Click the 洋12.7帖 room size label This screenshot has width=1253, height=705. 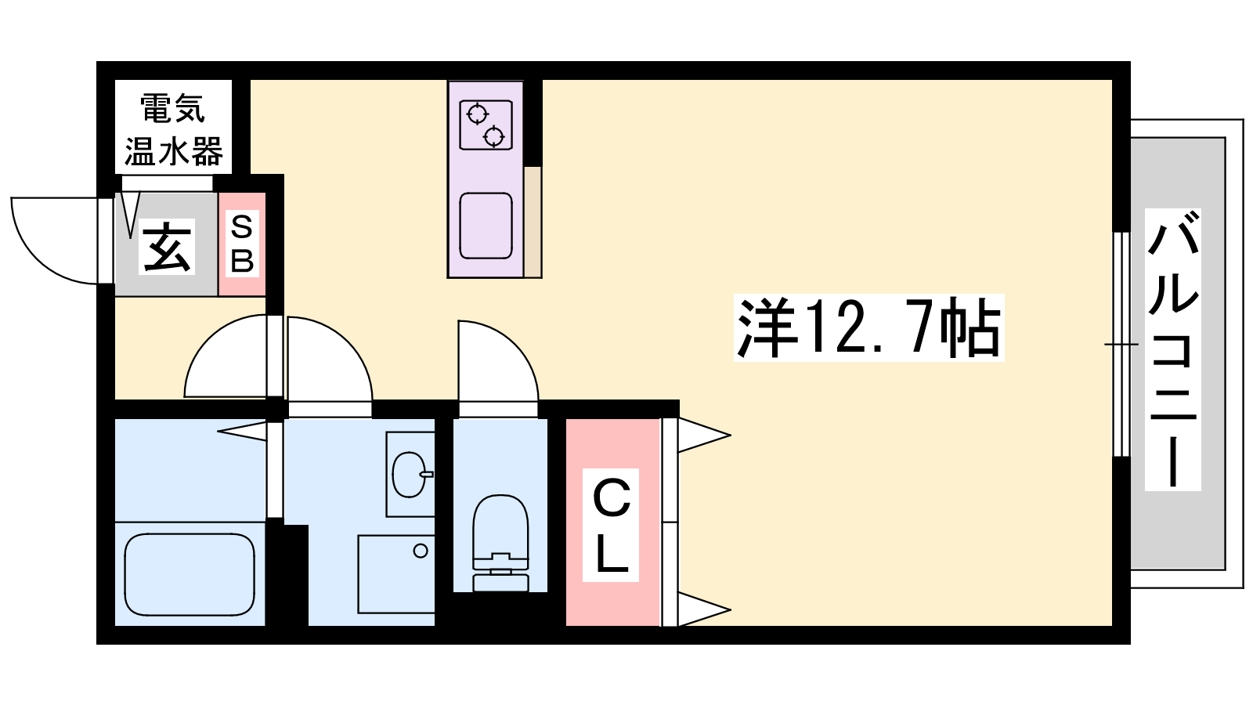click(868, 328)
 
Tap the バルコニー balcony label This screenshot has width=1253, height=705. click(1172, 349)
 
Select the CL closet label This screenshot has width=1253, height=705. click(611, 525)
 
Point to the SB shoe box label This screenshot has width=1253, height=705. click(242, 244)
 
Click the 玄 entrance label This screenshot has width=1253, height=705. click(166, 247)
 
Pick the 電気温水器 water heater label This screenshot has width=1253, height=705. click(173, 130)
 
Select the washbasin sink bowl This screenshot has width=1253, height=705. click(412, 475)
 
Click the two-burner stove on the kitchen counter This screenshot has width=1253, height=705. click(486, 125)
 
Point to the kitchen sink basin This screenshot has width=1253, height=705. click(486, 226)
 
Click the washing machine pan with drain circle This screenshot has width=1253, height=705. click(396, 574)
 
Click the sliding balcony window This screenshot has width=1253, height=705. click(1121, 344)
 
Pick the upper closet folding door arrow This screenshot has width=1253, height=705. click(704, 435)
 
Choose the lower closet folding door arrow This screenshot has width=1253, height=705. click(704, 609)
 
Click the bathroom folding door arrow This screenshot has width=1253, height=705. click(242, 431)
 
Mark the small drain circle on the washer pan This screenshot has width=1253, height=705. click(421, 551)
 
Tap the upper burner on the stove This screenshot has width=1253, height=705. click(477, 114)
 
